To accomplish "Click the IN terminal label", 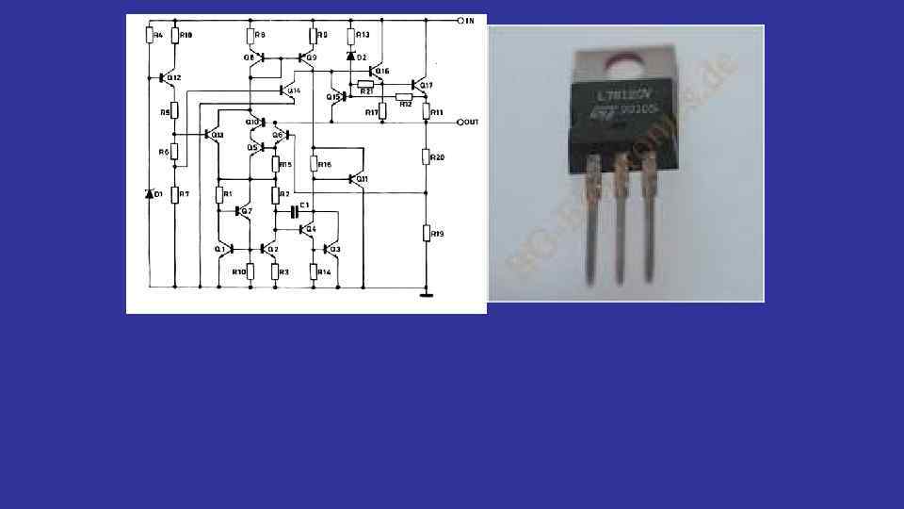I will pos(470,20).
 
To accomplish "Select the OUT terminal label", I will pos(472,123).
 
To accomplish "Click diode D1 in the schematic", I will pos(149,194).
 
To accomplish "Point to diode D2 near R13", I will pos(350,57).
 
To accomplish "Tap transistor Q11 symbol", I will pos(358,178).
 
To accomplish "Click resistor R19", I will pos(427,232).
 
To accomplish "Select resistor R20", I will pos(427,156).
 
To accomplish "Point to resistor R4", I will pos(150,35).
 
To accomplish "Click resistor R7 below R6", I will pos(175,194).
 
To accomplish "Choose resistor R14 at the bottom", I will pos(313,271).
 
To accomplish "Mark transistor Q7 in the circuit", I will pos(241,211).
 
